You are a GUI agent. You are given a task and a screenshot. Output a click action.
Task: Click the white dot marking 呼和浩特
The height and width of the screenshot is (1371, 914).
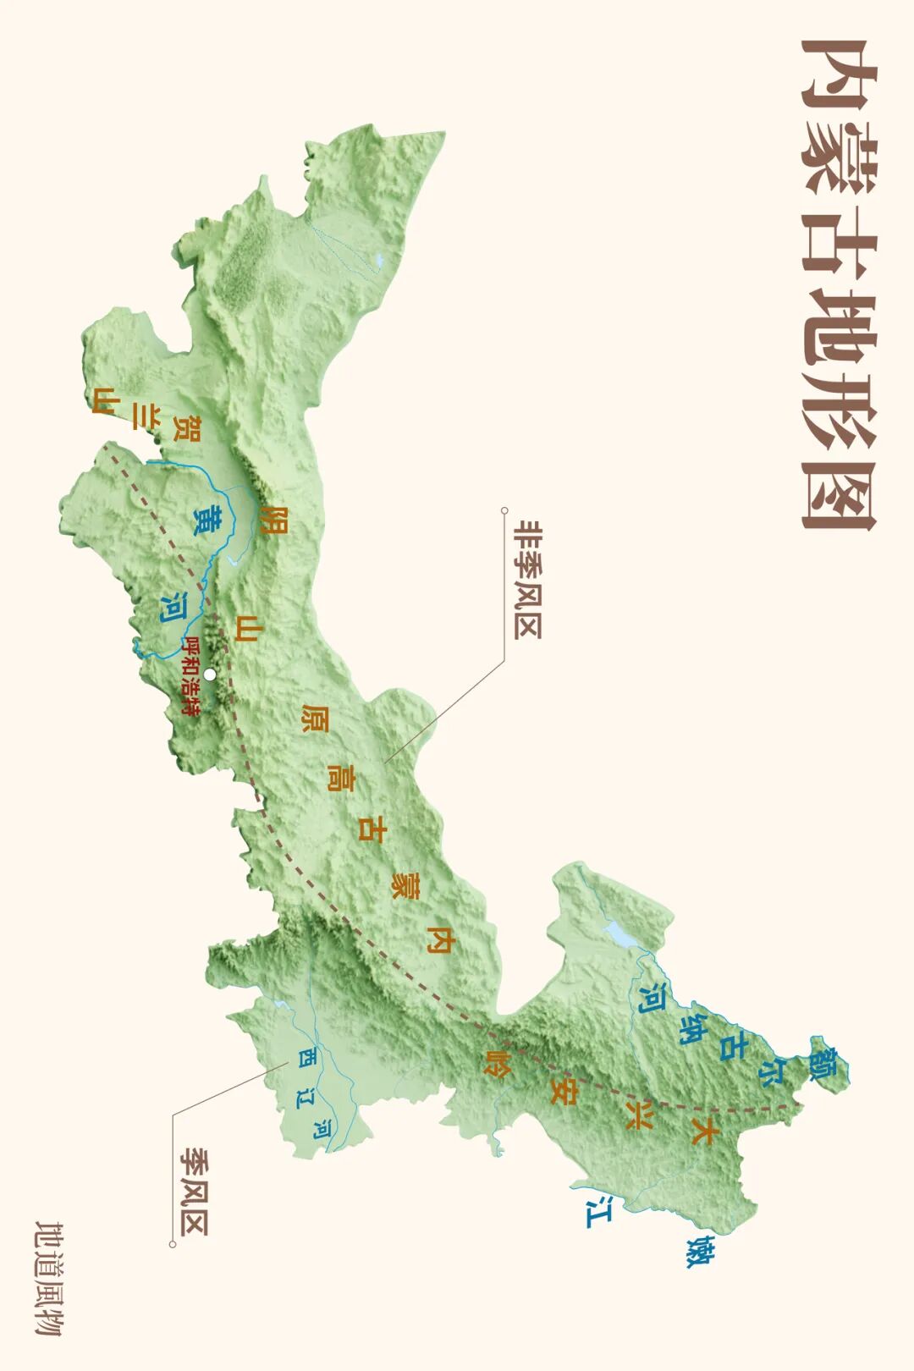tap(210, 674)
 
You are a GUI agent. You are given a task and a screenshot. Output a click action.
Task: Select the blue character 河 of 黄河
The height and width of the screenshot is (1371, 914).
tap(174, 608)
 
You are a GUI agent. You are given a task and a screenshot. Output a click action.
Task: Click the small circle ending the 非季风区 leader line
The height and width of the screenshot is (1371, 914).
tap(504, 510)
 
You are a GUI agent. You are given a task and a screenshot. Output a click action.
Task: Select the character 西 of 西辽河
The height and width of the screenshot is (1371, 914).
tap(306, 1058)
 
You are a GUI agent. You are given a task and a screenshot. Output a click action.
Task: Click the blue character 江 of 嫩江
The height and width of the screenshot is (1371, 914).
tap(599, 1211)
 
